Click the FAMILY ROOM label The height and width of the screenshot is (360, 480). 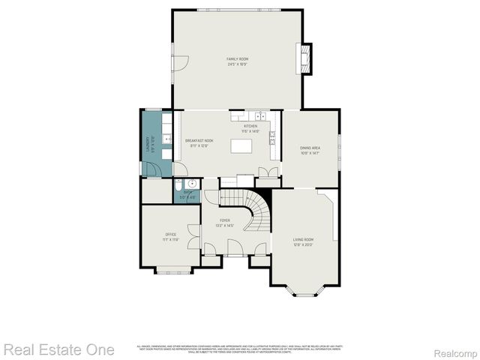point(238,58)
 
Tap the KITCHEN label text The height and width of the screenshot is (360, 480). point(261,126)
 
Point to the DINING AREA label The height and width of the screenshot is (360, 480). point(310,148)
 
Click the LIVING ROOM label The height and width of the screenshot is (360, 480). point(302,239)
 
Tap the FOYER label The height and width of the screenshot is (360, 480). point(225,220)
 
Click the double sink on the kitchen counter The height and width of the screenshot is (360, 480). point(259,116)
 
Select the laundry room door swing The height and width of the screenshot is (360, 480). point(151,169)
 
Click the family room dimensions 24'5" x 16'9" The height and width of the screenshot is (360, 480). point(238,64)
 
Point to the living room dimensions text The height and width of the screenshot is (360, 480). point(302,244)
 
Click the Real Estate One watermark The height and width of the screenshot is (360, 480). point(58,349)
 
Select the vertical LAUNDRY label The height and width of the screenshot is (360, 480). point(147,143)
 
